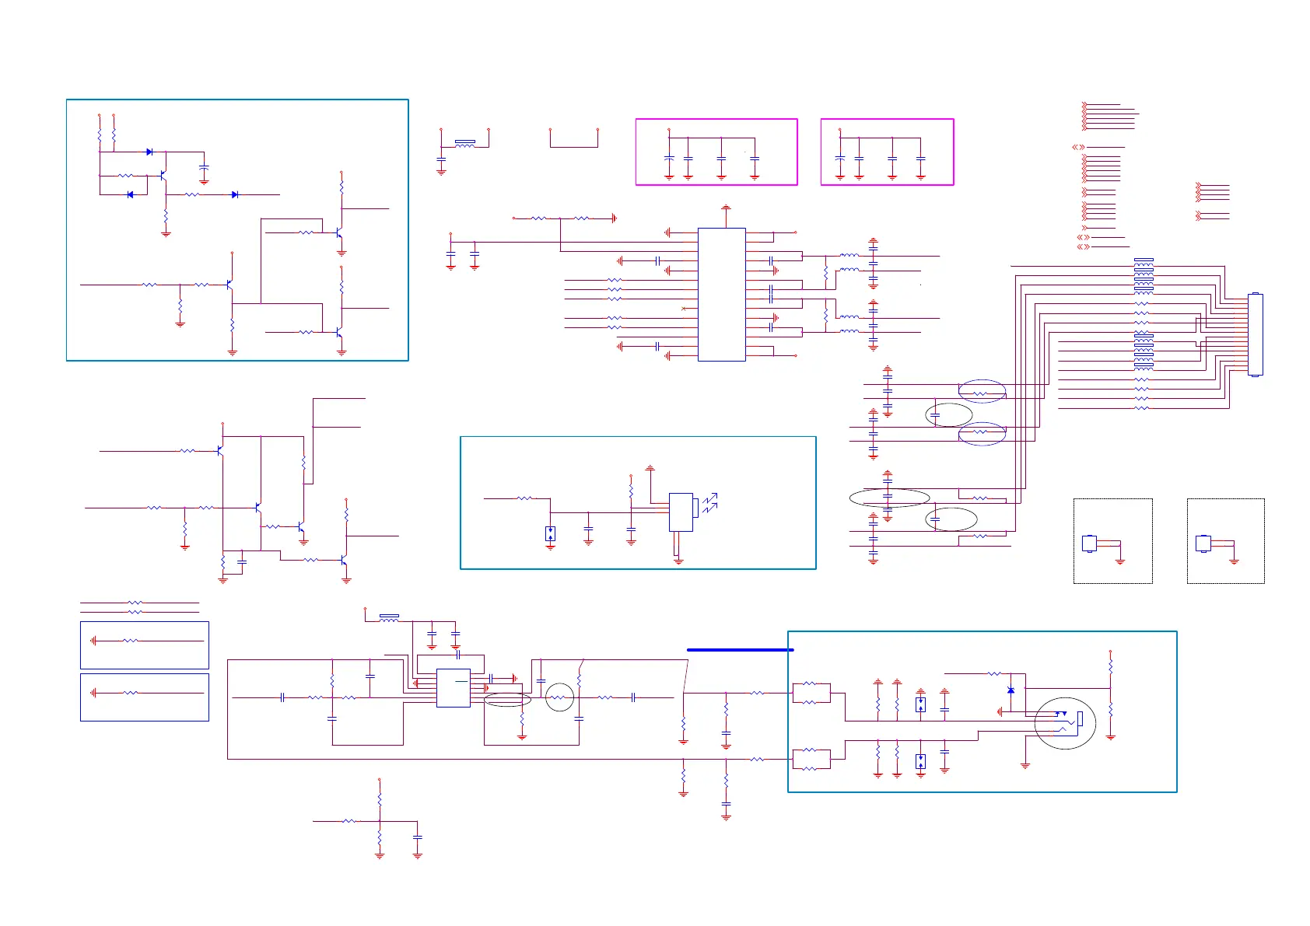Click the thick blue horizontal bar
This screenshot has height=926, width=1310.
click(x=740, y=649)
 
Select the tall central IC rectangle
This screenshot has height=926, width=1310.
click(x=721, y=295)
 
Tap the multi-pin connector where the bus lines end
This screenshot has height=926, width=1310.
click(x=1255, y=334)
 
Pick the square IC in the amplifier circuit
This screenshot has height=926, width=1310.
click(x=453, y=688)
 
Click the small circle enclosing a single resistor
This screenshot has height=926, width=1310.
click(x=559, y=697)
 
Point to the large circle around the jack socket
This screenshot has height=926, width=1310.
click(x=1065, y=723)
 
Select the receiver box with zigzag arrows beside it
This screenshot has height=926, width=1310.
click(x=681, y=512)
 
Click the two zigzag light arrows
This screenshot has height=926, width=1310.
click(x=709, y=504)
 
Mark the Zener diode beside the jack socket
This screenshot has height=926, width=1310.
click(x=1011, y=690)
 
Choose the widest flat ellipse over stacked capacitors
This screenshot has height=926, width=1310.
click(x=889, y=498)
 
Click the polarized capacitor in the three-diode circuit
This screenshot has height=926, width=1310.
click(x=204, y=168)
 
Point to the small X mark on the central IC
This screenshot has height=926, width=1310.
click(x=684, y=309)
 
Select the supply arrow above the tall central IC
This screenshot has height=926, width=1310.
click(x=726, y=208)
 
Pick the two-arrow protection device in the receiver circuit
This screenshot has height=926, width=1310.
click(x=550, y=533)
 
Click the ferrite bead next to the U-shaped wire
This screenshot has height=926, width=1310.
click(x=464, y=143)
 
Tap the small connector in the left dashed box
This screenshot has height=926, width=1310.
click(x=1090, y=543)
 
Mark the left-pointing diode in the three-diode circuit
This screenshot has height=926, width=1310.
click(x=130, y=194)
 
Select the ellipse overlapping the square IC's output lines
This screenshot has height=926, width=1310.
click(x=507, y=700)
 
